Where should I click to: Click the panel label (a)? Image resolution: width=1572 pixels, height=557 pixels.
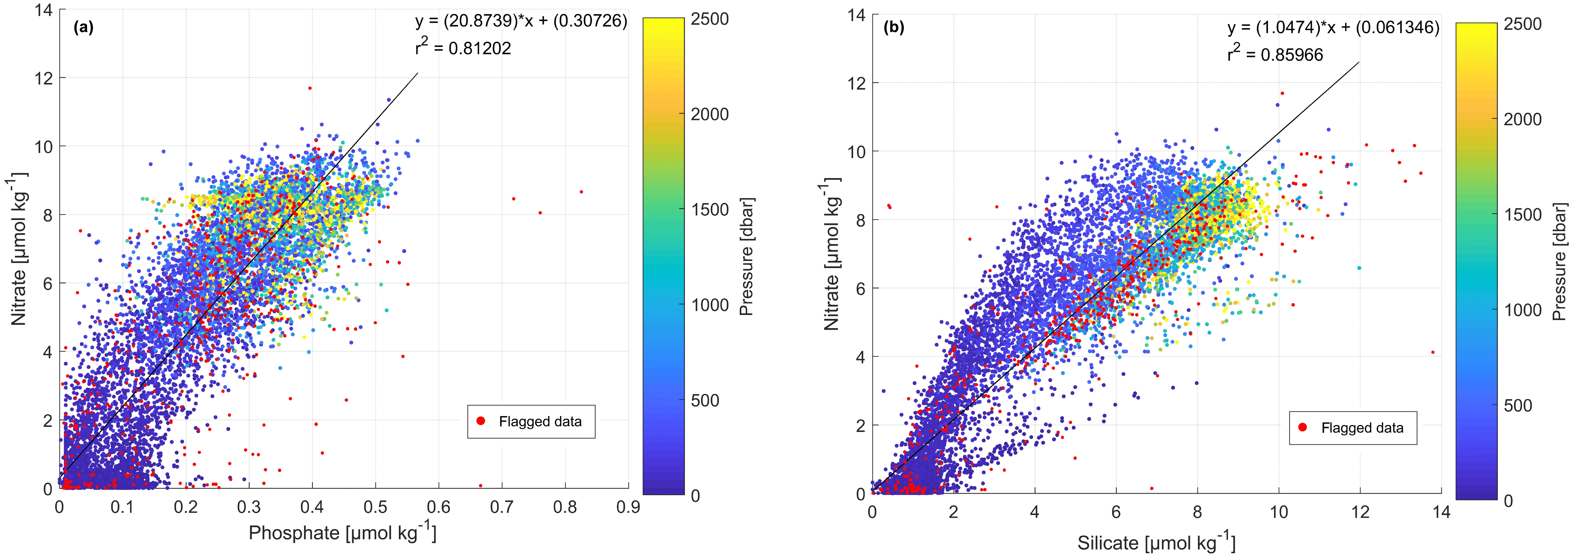point(83,27)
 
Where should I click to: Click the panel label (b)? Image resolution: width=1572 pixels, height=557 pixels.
point(894,27)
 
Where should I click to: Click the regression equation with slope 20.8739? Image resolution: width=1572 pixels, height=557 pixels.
point(521,21)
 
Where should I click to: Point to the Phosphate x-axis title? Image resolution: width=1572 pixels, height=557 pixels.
point(342,533)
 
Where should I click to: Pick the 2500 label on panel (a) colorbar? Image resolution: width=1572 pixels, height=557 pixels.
point(710,19)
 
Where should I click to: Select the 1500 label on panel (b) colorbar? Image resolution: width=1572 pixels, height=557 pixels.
point(1523,215)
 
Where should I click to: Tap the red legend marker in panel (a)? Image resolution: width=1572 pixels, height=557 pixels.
point(481,421)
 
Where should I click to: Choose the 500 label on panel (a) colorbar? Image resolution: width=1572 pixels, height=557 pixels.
point(705,401)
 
